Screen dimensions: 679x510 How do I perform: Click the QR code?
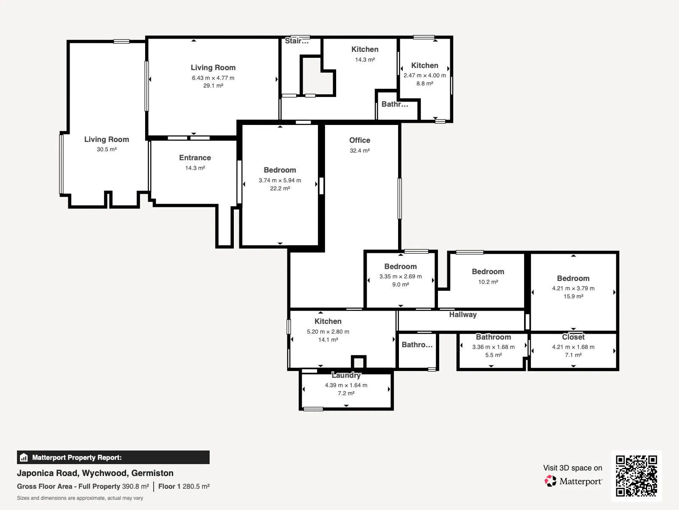(x=636, y=476)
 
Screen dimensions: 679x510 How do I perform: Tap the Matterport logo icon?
(x=550, y=481)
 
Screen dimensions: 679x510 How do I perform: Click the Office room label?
(x=359, y=140)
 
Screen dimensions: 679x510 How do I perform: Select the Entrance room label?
(x=195, y=158)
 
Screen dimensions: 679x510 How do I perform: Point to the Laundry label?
(x=346, y=375)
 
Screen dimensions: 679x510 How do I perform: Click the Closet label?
(x=573, y=337)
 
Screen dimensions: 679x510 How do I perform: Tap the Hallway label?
(x=463, y=314)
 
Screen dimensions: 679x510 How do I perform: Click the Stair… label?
(x=297, y=41)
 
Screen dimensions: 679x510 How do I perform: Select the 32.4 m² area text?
(x=359, y=150)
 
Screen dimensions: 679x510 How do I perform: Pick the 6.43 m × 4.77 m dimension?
(x=213, y=78)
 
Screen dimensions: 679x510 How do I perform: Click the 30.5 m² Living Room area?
(x=107, y=149)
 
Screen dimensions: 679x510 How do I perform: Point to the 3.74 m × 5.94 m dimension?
(x=280, y=180)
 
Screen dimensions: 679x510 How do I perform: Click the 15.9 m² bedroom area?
(x=573, y=296)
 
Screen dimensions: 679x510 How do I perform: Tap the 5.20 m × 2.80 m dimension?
(x=328, y=331)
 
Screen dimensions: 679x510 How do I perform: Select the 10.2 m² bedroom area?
(x=488, y=282)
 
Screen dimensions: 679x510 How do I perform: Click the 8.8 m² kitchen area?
(x=424, y=83)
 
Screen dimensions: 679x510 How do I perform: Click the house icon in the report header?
(x=24, y=457)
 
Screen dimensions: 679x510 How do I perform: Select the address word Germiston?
(x=152, y=473)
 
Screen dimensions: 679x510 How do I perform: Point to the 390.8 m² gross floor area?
(x=135, y=486)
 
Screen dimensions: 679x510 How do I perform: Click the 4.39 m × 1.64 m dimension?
(x=346, y=385)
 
